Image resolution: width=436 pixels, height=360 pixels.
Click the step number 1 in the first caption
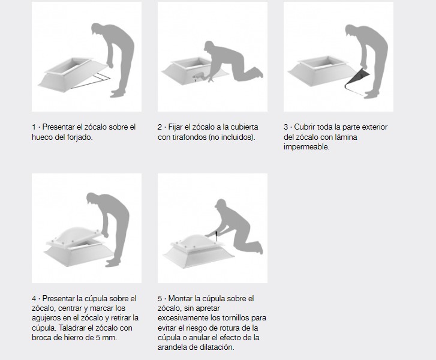34,127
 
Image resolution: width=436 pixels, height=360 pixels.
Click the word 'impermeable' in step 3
306,147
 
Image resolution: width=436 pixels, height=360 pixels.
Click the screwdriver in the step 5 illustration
216,236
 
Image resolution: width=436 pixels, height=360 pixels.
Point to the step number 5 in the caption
160,299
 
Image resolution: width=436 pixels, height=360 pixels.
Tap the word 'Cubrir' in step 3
304,127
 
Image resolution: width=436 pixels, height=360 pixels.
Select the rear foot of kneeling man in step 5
259,248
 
